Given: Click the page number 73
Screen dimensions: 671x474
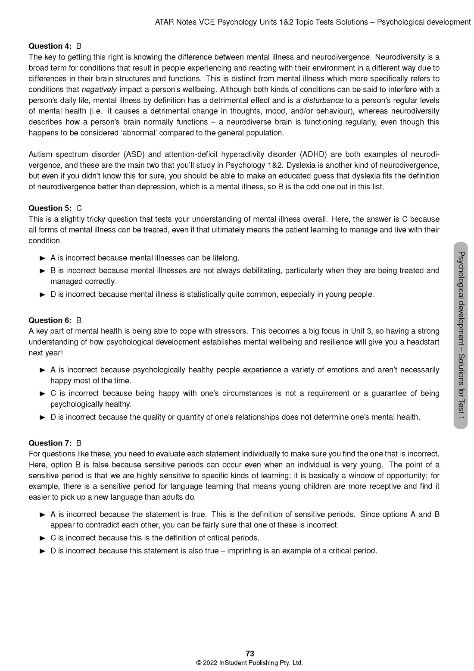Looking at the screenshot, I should pyautogui.click(x=249, y=654).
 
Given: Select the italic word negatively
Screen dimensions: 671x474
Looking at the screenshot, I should pyautogui.click(x=99, y=90).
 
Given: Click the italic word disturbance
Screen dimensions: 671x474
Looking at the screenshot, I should pyautogui.click(x=323, y=100).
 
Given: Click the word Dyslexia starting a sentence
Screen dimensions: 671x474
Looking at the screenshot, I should pyautogui.click(x=301, y=165).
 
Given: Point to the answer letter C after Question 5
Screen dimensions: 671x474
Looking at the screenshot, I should pyautogui.click(x=79, y=208).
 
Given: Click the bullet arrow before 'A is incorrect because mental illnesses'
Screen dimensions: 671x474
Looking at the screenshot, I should pyautogui.click(x=43, y=258).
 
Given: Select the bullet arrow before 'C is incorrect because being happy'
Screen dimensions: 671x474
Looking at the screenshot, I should pyautogui.click(x=43, y=394).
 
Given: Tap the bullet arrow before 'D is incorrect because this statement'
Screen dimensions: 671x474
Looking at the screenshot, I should pyautogui.click(x=43, y=551).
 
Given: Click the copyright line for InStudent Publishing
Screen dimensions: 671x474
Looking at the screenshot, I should pyautogui.click(x=249, y=663).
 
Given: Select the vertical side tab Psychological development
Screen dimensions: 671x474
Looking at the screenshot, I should pyautogui.click(x=461, y=335).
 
